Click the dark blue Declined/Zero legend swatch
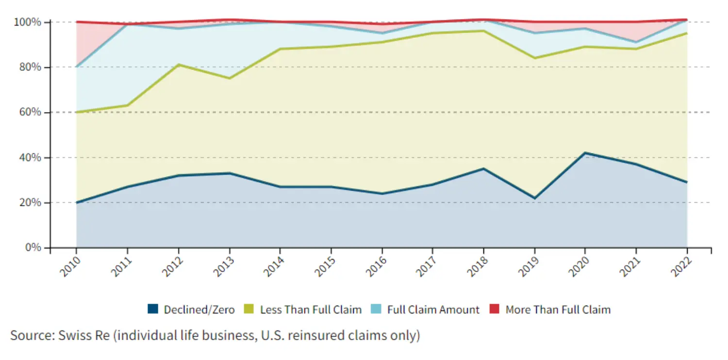[153, 309]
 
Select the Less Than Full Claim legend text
[311, 310]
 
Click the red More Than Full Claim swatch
[495, 309]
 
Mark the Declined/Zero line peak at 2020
[585, 153]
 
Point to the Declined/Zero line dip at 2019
[534, 198]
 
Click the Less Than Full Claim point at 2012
[179, 65]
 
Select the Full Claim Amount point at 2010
[77, 67]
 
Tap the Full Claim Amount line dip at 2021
[636, 42]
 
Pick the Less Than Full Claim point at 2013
[229, 78]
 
